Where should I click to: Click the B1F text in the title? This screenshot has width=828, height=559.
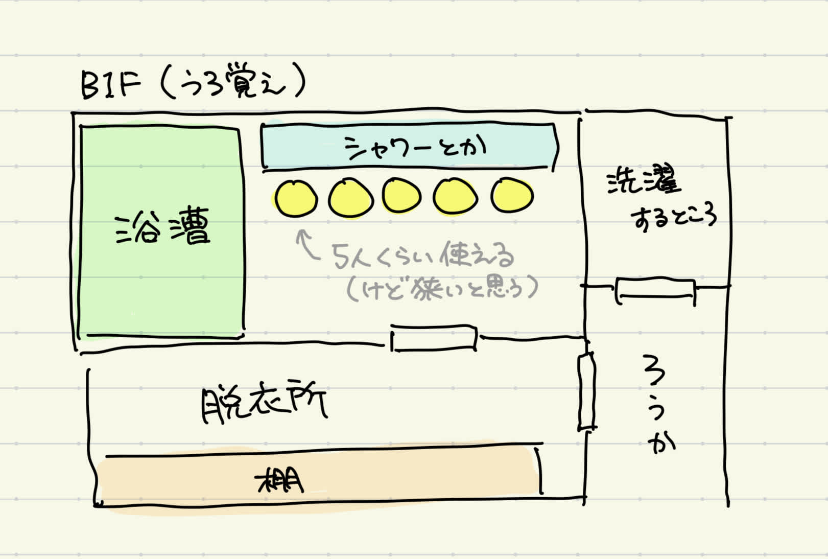(x=110, y=85)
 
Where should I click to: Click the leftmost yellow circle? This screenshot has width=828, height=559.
(x=296, y=198)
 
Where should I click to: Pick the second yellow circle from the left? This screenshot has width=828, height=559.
(x=350, y=198)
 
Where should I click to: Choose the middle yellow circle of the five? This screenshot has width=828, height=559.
(x=402, y=196)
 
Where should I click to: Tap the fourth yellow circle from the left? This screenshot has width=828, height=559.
(x=455, y=197)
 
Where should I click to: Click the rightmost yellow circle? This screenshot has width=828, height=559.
(x=512, y=195)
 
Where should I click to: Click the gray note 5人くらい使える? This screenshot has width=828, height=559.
(x=423, y=256)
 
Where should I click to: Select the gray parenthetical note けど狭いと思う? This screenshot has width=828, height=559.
(x=442, y=288)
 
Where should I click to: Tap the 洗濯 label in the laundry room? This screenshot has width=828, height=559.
(x=644, y=181)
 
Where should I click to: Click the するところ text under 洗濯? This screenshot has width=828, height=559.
(x=673, y=218)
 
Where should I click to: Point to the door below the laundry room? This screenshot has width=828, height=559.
(x=656, y=291)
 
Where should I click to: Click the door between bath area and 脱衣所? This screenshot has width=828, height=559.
(x=434, y=338)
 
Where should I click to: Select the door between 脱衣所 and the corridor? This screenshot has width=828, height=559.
(x=586, y=391)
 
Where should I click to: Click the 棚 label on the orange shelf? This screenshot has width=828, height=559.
(x=280, y=480)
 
